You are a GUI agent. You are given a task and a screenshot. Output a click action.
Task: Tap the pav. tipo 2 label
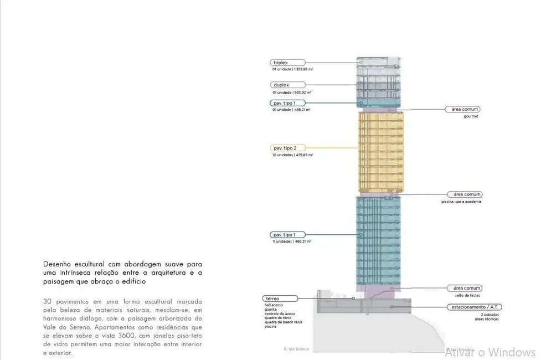(288, 148)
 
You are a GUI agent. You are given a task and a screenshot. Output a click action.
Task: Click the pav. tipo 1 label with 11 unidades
(288, 235)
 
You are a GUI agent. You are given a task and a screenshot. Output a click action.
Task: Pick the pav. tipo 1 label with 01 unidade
(288, 103)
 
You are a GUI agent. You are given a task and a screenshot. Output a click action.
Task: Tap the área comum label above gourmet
(466, 110)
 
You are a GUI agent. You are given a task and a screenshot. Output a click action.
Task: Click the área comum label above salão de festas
(466, 289)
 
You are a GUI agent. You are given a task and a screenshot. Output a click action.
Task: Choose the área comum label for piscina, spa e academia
(466, 195)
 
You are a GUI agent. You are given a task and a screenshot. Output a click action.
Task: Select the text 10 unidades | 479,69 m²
(292, 155)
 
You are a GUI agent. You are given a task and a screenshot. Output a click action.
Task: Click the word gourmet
(472, 116)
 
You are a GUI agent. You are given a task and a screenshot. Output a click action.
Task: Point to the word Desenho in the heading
(58, 264)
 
